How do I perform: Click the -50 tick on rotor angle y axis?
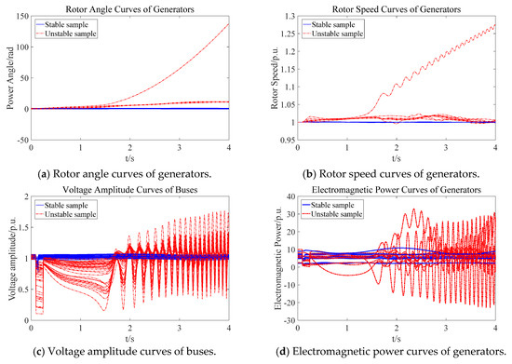point(22,139)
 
